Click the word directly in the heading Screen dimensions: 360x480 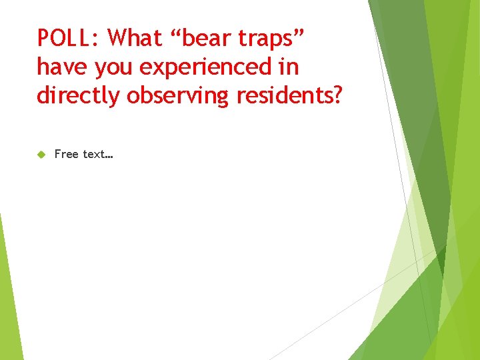click(78, 96)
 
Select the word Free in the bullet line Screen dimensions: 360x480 click(66, 154)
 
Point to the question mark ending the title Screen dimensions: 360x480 click(337, 95)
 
